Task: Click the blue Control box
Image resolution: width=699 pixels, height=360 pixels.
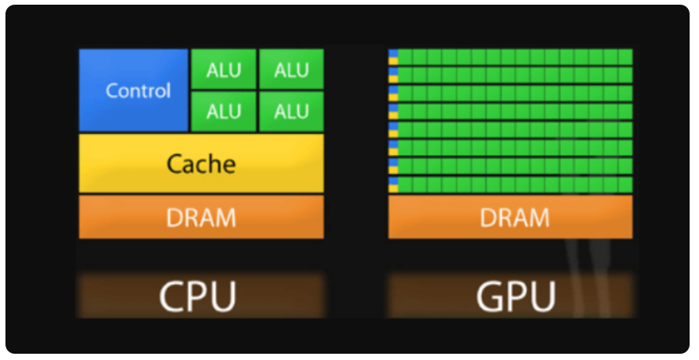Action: point(134,90)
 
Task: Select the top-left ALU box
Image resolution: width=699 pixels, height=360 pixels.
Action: point(224,69)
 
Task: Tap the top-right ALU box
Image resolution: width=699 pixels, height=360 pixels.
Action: point(291,69)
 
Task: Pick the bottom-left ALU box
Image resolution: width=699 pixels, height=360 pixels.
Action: point(224,111)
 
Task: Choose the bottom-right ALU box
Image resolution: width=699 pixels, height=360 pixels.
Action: point(291,111)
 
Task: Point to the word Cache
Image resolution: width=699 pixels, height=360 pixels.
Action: point(201,164)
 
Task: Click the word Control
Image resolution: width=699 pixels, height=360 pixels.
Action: point(138,90)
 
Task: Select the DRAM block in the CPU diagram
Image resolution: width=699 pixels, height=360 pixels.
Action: point(201,217)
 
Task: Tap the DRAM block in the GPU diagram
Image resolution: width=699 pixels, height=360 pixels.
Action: point(510,217)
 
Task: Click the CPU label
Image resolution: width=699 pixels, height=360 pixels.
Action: point(197,297)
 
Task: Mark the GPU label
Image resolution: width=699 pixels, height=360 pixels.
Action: point(515,297)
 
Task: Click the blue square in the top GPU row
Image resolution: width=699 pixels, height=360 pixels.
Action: point(394,52)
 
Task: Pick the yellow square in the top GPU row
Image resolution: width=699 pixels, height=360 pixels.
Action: point(394,59)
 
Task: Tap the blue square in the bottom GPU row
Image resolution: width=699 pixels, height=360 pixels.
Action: point(394,181)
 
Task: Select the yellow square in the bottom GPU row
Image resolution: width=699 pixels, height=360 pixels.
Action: point(394,188)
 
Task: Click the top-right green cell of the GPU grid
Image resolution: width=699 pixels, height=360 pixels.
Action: point(625,56)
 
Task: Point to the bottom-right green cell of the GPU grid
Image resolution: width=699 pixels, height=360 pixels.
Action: point(625,185)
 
